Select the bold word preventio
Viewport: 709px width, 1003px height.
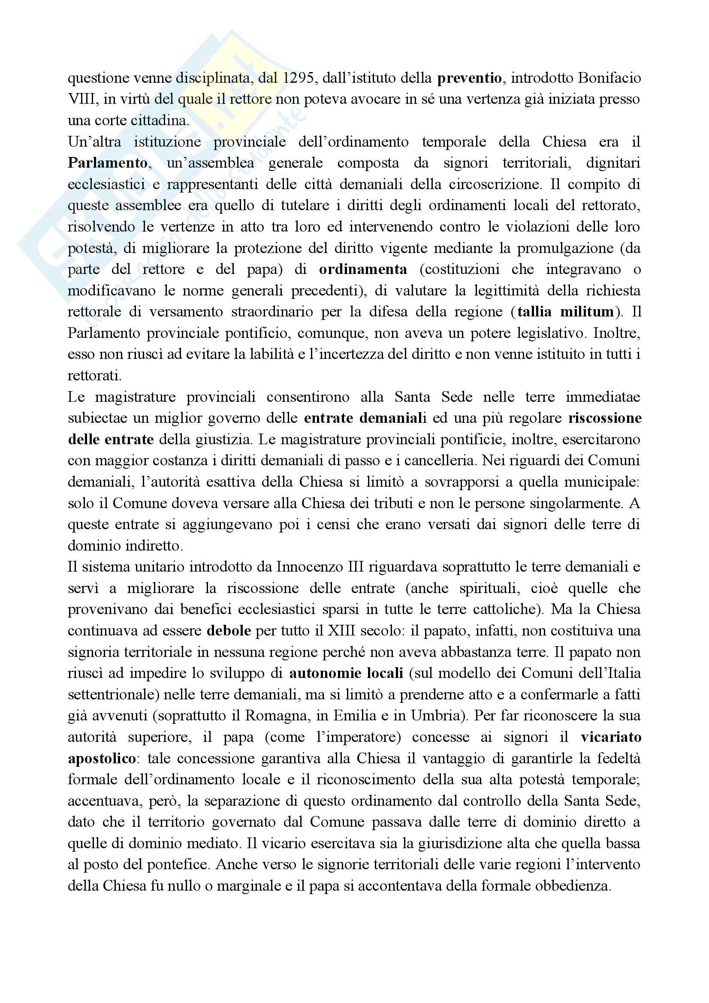pyautogui.click(x=469, y=78)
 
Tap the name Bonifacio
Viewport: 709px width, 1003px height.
pyautogui.click(x=609, y=78)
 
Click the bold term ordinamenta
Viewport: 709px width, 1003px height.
pyautogui.click(x=363, y=270)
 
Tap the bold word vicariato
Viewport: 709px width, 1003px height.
pyautogui.click(x=611, y=737)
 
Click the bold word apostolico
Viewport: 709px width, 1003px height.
pyautogui.click(x=102, y=759)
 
